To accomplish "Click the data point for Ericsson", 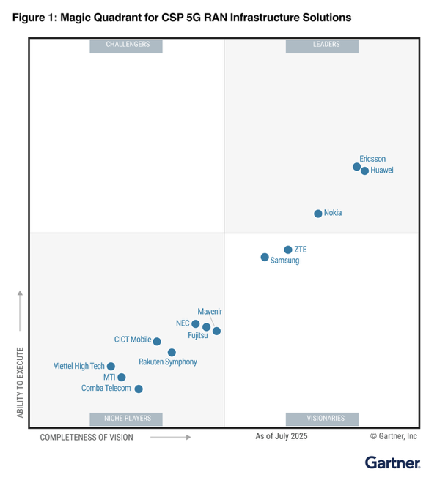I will point(357,167).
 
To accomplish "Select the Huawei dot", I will point(365,171).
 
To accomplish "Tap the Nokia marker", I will point(318,214).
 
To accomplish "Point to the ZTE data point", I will point(288,250).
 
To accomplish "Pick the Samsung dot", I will point(265,257).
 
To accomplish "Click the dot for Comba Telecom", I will point(139,389).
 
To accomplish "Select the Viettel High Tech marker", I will point(111,366).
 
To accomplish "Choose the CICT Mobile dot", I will point(157,341).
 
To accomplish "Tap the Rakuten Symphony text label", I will point(167,362).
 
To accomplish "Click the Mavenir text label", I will point(210,312).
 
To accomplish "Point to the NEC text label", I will point(183,323).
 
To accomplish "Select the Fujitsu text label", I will point(198,336).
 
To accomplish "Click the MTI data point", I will point(122,378).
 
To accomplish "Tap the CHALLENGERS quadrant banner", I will point(126,45).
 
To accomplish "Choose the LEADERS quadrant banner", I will point(323,45).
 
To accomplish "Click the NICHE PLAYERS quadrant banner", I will point(126,419).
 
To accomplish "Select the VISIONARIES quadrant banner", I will point(323,419).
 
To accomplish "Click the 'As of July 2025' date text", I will point(282,436).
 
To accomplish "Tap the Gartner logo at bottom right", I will point(392,463).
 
